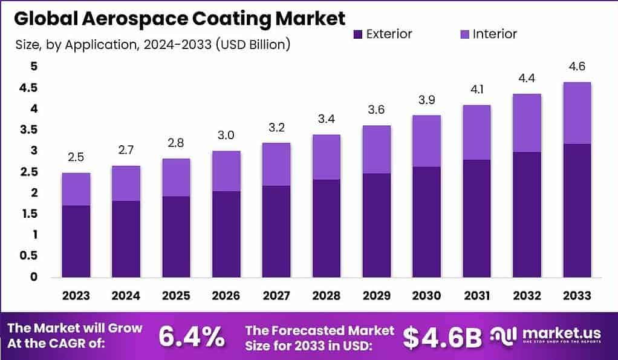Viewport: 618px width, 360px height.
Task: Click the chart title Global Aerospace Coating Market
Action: coord(180,18)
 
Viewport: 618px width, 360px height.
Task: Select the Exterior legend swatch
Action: coord(357,34)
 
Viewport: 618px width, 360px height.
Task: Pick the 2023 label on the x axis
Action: coord(76,296)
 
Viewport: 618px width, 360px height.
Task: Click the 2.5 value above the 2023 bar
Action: coord(76,157)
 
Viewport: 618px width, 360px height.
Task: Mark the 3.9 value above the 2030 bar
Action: coord(427,100)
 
